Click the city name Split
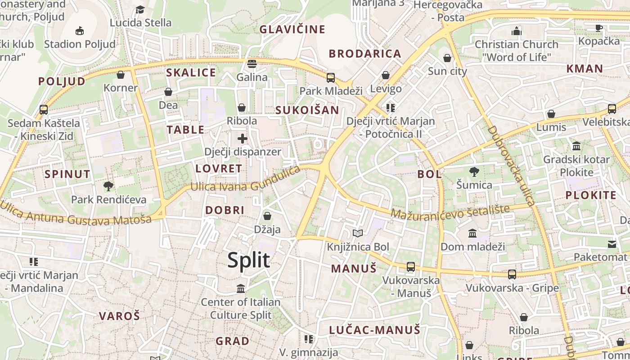[248, 261]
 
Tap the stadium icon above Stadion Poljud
[80, 31]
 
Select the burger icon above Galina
[252, 63]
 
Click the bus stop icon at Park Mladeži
[331, 77]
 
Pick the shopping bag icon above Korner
[121, 74]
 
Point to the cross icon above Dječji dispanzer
[243, 138]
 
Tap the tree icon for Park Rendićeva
[108, 185]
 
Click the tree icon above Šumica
[474, 171]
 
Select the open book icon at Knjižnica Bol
[358, 233]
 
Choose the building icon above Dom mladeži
[472, 233]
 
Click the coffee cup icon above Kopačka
[599, 28]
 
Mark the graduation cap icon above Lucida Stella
[140, 9]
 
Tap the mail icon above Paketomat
[612, 244]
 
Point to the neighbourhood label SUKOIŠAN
[307, 110]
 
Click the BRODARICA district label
[364, 54]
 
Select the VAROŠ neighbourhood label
[119, 316]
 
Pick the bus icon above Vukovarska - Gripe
[512, 274]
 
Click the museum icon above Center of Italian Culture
[241, 288]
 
